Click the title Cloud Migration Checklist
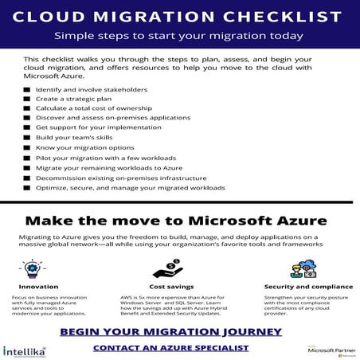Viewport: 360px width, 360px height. click(x=180, y=16)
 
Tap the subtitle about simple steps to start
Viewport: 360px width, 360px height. click(x=180, y=36)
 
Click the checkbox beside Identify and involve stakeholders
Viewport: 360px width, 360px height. click(x=28, y=90)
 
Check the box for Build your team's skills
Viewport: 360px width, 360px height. click(x=28, y=139)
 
